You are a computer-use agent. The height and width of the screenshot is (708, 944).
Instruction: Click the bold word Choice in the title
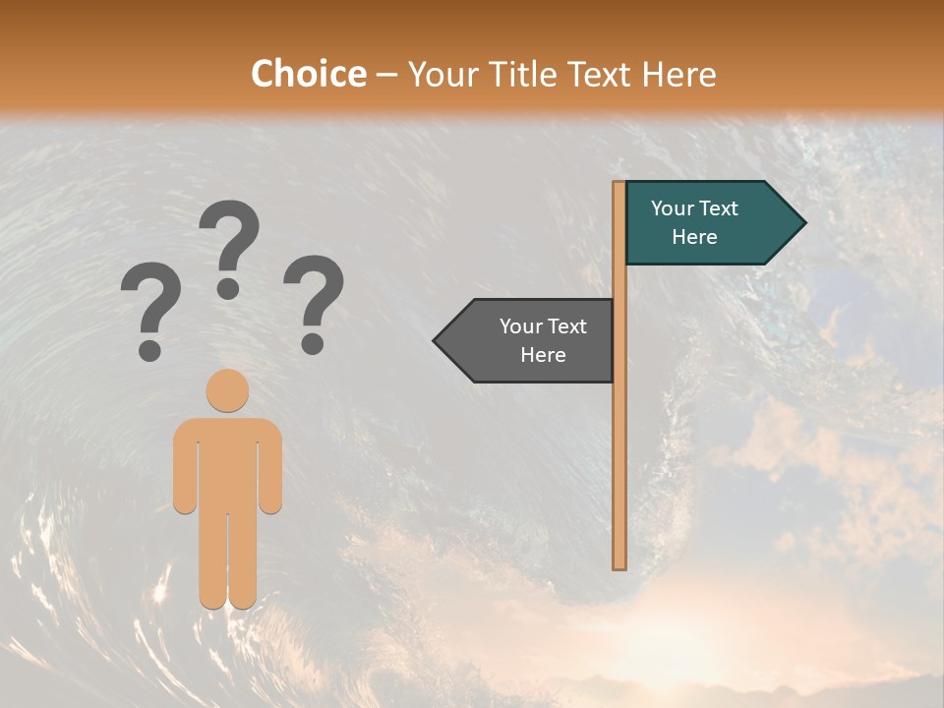[308, 74]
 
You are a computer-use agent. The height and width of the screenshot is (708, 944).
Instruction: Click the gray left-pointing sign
[531, 340]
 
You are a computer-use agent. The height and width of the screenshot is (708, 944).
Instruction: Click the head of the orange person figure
[227, 390]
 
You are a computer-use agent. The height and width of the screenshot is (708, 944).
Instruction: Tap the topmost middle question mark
[229, 246]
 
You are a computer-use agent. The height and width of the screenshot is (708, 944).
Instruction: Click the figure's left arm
[184, 467]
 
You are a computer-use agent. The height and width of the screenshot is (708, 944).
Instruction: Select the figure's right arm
[271, 467]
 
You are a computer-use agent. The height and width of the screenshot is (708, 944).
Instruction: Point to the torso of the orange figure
[227, 462]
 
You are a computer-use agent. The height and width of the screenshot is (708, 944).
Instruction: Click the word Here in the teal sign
[694, 237]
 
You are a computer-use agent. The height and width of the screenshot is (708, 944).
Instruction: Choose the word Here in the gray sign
[543, 355]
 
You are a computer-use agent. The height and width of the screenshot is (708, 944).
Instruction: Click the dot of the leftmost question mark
[149, 350]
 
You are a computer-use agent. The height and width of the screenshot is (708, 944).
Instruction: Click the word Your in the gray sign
[522, 326]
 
